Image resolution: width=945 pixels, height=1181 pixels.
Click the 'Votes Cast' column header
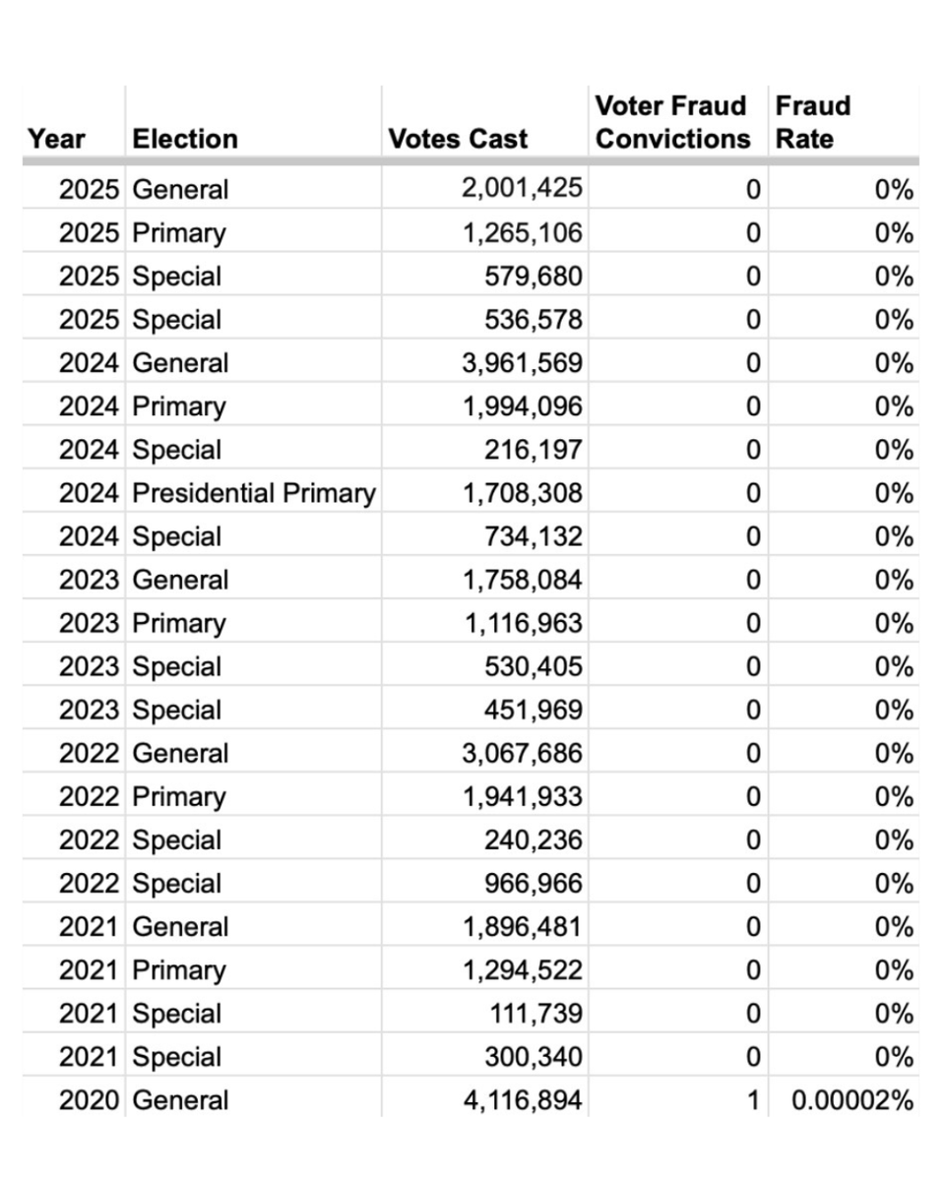(458, 139)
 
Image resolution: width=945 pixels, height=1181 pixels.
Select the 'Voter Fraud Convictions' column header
(672, 122)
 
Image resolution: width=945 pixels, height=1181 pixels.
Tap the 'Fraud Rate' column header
(813, 122)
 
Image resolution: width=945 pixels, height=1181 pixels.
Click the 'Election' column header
(185, 139)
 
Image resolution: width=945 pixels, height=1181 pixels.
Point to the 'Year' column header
(57, 139)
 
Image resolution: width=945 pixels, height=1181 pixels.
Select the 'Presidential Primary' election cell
(254, 493)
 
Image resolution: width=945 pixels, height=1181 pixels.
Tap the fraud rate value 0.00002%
(852, 1100)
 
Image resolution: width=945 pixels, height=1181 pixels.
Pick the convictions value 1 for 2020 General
(752, 1100)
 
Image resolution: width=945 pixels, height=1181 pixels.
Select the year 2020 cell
(90, 1100)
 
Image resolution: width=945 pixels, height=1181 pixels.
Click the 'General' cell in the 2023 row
(180, 580)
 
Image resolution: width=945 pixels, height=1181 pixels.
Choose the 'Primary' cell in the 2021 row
(179, 970)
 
